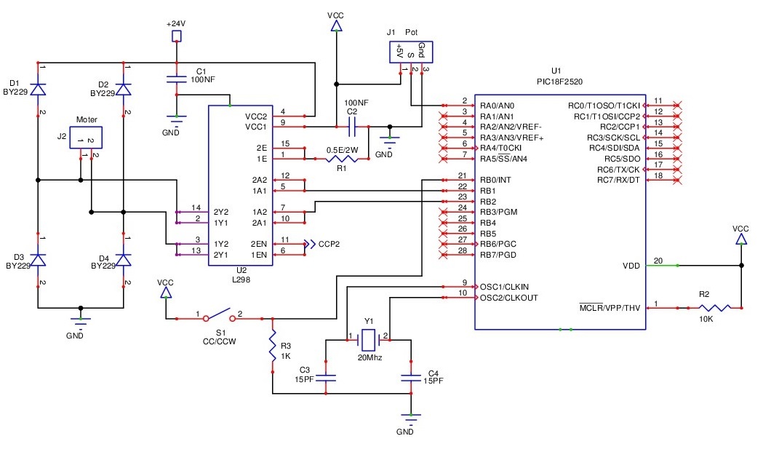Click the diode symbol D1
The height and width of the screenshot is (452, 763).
[x=38, y=89]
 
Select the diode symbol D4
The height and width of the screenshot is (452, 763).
[x=124, y=260]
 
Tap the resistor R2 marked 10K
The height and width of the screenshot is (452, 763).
[x=703, y=309]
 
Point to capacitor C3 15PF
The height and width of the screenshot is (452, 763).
[x=327, y=377]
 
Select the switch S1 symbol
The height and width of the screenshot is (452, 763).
[x=219, y=317]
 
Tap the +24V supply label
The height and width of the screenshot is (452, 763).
[x=175, y=23]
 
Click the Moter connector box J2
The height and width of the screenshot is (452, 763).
[x=85, y=138]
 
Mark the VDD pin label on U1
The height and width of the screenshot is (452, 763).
[x=631, y=265]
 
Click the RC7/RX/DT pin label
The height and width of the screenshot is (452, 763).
[x=618, y=180]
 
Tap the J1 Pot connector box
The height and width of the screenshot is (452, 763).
[x=412, y=52]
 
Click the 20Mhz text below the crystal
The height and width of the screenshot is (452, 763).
[x=369, y=358]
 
